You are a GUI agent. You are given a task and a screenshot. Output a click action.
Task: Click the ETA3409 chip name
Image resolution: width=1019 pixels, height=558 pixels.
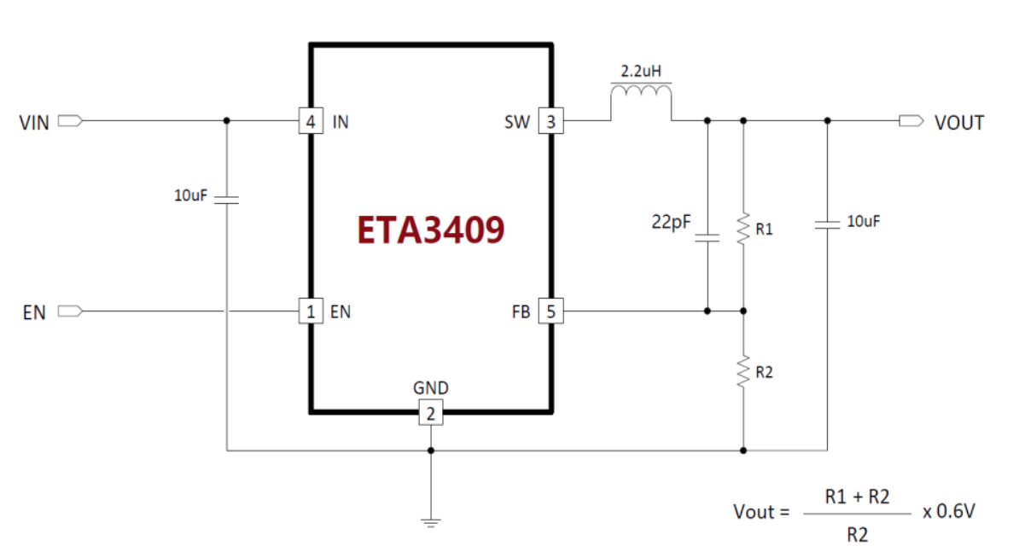coord(431,230)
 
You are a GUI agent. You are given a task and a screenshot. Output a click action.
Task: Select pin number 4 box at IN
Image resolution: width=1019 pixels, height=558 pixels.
coord(311,122)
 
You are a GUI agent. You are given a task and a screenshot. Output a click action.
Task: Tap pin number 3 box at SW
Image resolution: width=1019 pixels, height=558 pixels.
coord(550,122)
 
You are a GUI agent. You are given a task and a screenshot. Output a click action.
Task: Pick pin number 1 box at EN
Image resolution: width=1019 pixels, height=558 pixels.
coord(311,311)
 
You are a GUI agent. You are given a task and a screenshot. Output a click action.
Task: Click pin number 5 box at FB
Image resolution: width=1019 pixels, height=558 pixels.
coord(550,311)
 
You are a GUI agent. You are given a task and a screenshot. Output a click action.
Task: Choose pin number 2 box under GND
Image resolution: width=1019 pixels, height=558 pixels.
coord(431,415)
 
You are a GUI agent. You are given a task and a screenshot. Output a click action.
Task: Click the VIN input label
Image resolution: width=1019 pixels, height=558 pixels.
coord(34,123)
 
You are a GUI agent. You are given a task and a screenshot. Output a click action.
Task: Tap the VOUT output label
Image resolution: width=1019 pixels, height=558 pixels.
coord(959,123)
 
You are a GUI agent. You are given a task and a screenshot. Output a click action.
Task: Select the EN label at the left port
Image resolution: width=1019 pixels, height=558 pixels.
coord(34,312)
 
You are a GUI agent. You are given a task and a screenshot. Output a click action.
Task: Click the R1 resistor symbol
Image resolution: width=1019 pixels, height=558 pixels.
coord(743,229)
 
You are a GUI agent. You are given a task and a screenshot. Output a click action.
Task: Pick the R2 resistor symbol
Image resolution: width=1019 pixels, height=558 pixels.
coord(743,372)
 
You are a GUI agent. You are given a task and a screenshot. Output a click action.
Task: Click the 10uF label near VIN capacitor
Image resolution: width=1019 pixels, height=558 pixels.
coord(191,195)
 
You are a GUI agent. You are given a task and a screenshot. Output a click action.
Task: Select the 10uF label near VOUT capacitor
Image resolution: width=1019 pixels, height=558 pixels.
coord(863,222)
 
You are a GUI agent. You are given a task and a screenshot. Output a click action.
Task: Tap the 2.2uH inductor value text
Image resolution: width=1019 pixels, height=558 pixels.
coord(641,69)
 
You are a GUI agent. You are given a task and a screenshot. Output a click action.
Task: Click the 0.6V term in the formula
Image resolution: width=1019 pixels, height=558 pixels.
coord(949,511)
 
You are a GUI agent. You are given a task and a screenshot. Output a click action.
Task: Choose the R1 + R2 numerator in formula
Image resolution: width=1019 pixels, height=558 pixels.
coord(857,496)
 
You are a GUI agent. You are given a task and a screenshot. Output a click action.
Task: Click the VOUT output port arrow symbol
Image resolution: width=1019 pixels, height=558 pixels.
coord(911,122)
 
